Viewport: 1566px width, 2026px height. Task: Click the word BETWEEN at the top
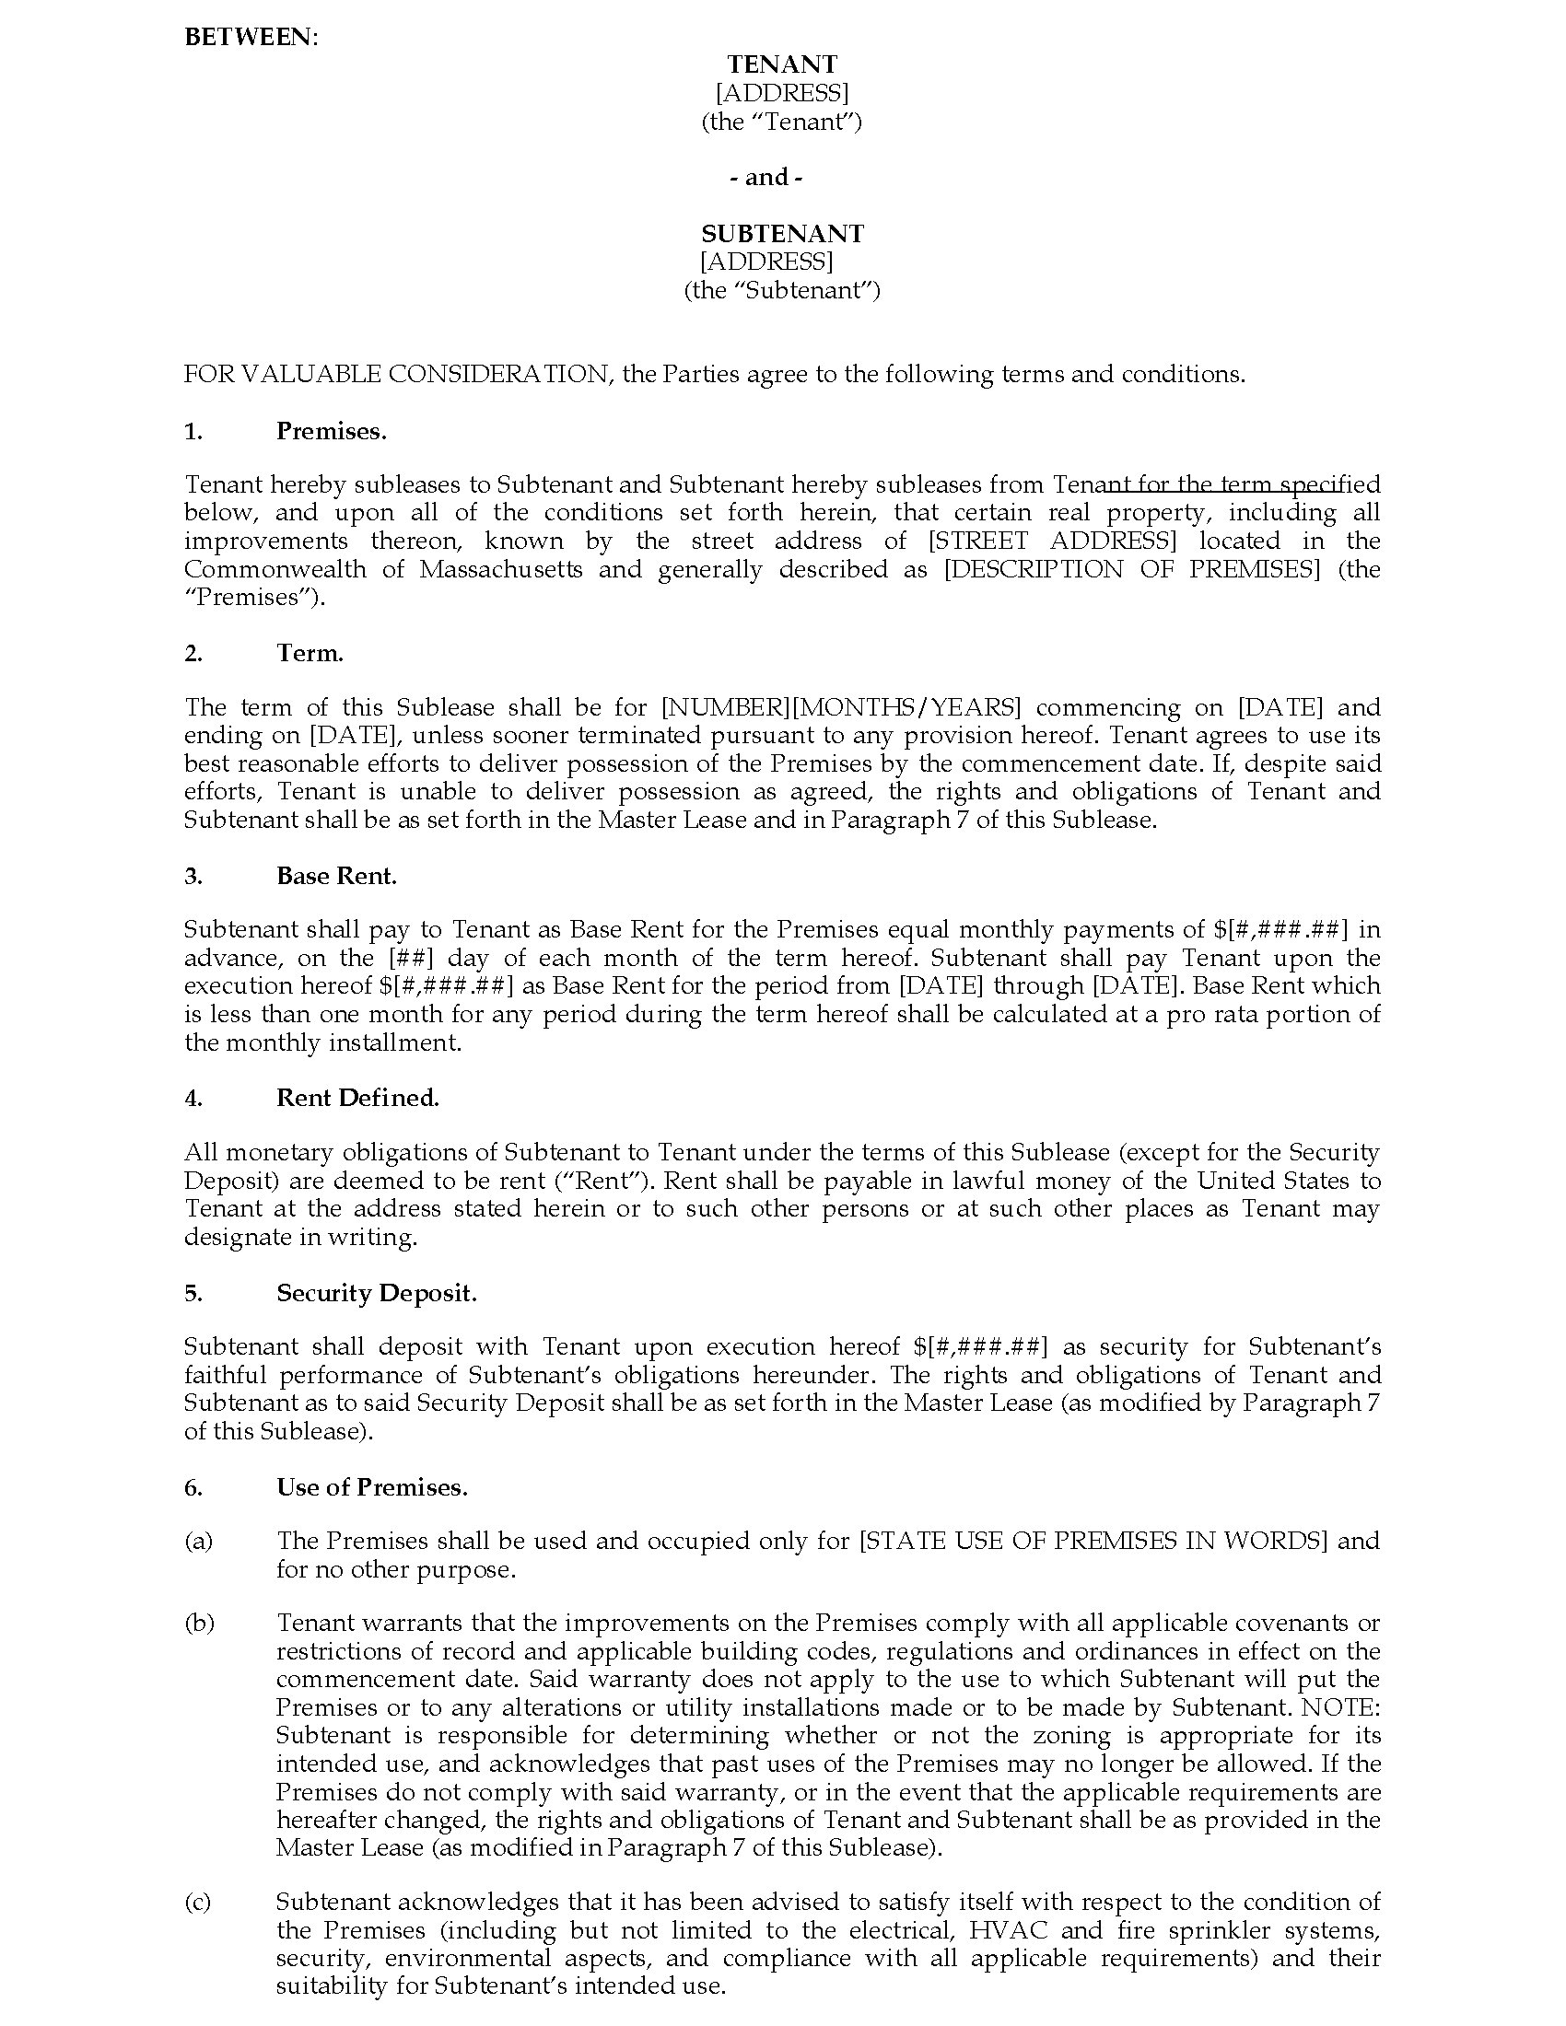click(x=249, y=37)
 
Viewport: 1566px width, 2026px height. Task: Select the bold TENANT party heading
click(x=782, y=64)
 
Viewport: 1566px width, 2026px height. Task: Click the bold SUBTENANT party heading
click(x=782, y=233)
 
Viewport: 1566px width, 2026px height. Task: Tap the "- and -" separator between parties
click(x=766, y=177)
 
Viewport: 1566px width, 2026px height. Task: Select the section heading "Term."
click(x=310, y=653)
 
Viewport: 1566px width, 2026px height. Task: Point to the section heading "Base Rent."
click(x=336, y=876)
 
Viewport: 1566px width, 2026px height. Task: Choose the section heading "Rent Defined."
click(x=357, y=1098)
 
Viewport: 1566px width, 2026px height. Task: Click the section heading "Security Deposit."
click(x=376, y=1293)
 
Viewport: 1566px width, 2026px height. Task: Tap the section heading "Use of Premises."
click(x=371, y=1487)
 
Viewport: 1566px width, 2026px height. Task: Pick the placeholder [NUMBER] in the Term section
click(x=726, y=708)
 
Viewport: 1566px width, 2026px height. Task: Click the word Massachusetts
click(x=501, y=568)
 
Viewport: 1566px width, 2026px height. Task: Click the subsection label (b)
click(x=199, y=1623)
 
